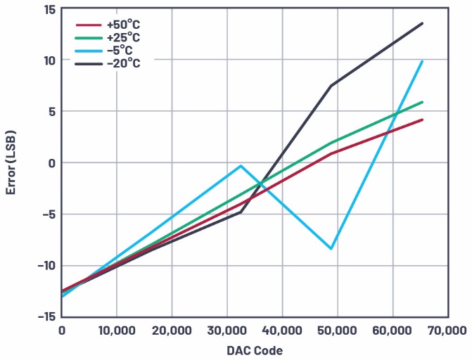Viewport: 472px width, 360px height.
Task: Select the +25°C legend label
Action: tap(125, 37)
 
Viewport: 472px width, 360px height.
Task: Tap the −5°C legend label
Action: tap(121, 50)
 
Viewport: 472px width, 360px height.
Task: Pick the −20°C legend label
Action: tap(124, 63)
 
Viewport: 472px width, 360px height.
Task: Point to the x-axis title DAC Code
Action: tap(255, 349)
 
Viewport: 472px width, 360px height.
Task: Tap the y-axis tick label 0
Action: tap(51, 162)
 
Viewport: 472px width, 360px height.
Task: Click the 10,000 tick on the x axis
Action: tap(117, 330)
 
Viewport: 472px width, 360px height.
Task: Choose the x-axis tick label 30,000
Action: tap(227, 330)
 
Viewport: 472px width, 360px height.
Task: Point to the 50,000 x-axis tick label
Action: tap(338, 330)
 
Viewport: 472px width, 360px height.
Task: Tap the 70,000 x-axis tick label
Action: tap(447, 330)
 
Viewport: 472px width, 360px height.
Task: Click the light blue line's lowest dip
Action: tap(331, 249)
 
